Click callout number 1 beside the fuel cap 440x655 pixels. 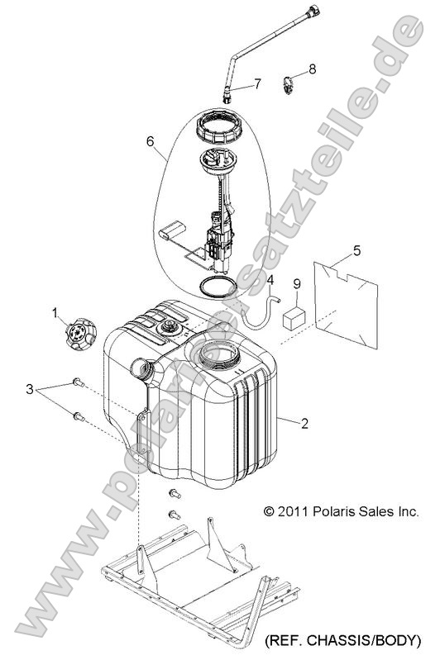coord(55,312)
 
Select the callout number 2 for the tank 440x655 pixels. coord(304,423)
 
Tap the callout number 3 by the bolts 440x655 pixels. coord(30,389)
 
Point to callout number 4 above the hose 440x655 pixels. coord(270,279)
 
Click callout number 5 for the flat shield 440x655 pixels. coord(356,250)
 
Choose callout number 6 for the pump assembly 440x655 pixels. coord(151,141)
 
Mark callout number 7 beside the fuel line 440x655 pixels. coord(258,84)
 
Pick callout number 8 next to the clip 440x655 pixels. coord(313,69)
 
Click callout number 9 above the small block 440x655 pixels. coord(297,284)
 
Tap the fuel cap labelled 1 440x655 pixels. coord(81,334)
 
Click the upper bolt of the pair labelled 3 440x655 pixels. coord(79,382)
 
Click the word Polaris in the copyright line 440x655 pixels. coord(332,511)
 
